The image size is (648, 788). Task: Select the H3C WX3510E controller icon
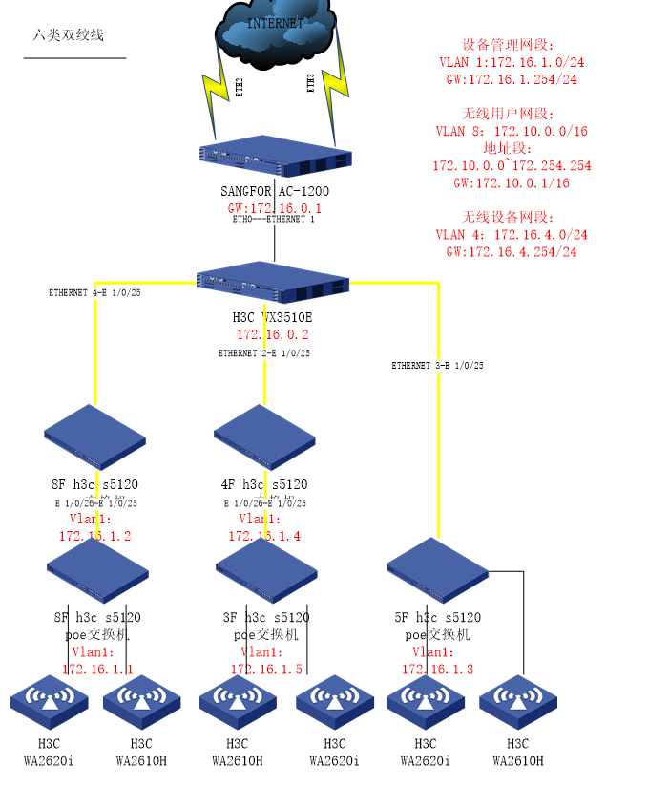pyautogui.click(x=273, y=283)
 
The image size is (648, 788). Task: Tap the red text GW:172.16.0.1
pyautogui.click(x=274, y=207)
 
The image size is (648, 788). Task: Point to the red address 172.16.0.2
pyautogui.click(x=273, y=335)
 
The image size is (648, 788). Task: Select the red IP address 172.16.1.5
pyautogui.click(x=266, y=669)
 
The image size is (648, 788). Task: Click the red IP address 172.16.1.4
pyautogui.click(x=264, y=536)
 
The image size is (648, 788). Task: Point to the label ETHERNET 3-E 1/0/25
pyautogui.click(x=437, y=366)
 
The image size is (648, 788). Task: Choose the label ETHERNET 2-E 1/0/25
pyautogui.click(x=264, y=353)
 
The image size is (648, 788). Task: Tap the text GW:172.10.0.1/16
pyautogui.click(x=512, y=182)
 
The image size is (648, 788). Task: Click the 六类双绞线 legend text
pyautogui.click(x=68, y=35)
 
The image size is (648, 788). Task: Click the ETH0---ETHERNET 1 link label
pyautogui.click(x=274, y=219)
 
